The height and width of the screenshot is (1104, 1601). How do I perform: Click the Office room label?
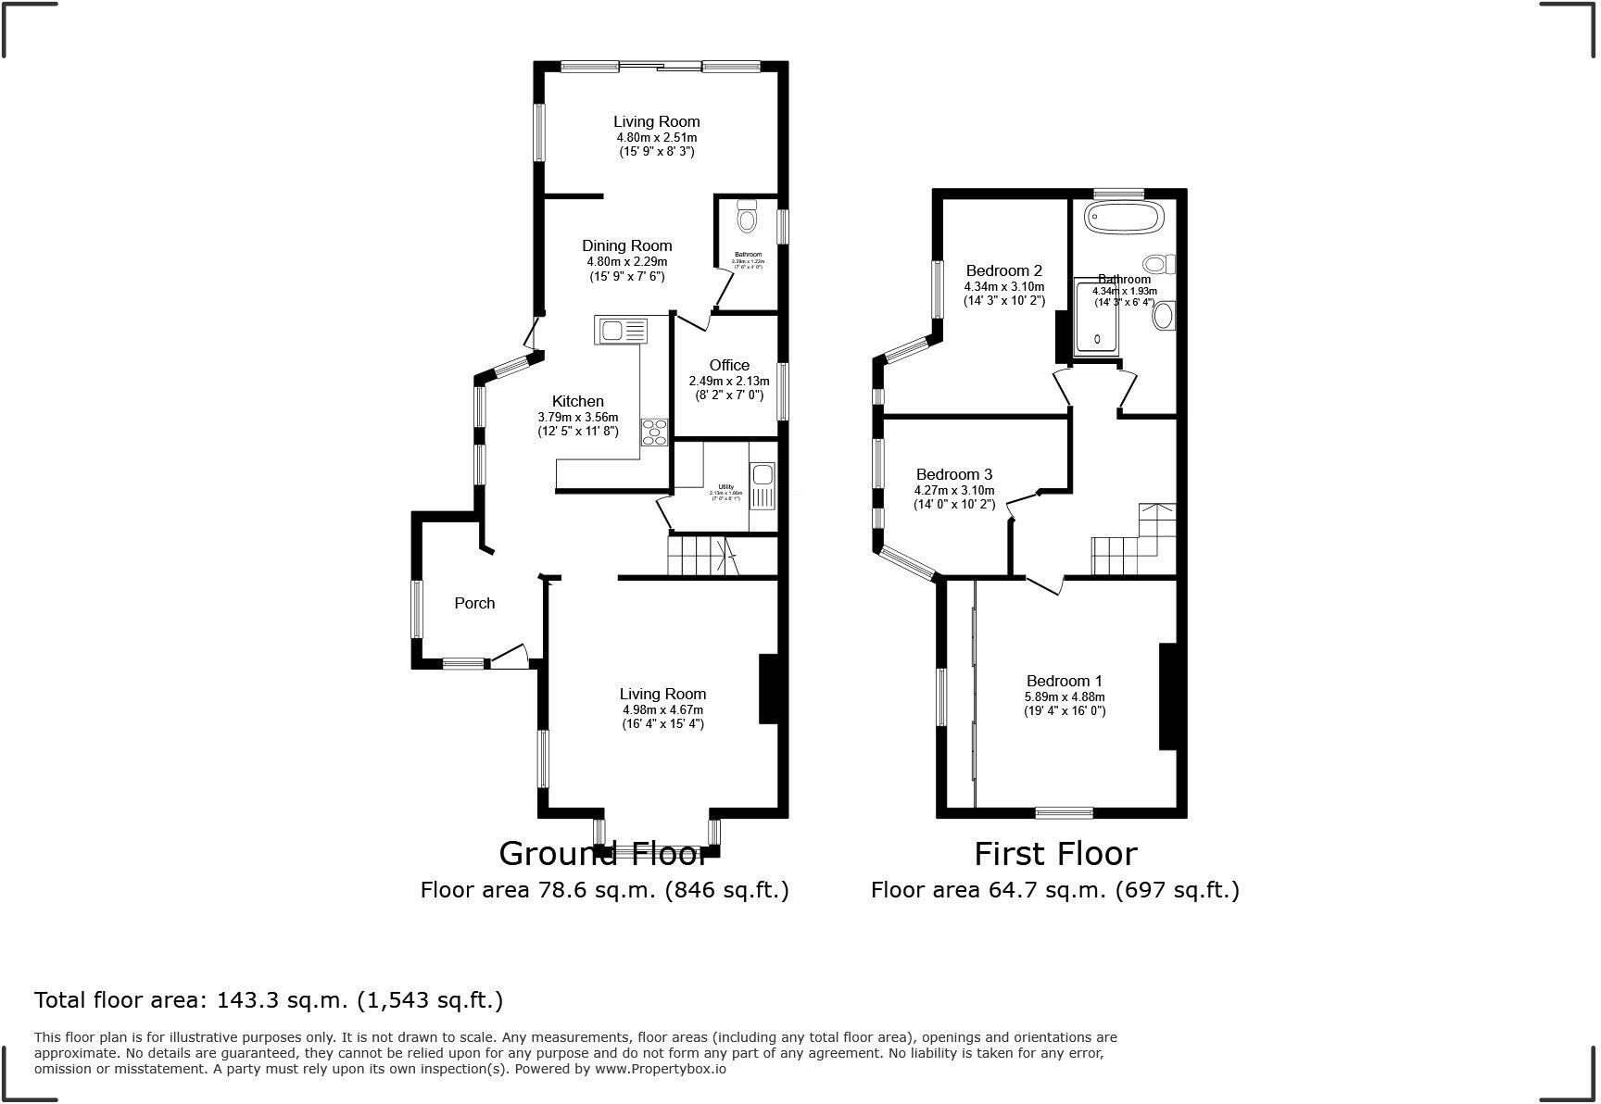pos(729,365)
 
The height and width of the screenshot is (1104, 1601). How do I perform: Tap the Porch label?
pos(474,603)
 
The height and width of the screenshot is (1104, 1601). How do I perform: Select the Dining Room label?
pos(626,245)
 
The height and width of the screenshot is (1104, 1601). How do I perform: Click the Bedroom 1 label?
pos(1064,681)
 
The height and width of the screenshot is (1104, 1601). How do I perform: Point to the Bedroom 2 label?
pos(1003,270)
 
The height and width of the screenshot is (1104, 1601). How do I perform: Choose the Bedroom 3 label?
pos(953,474)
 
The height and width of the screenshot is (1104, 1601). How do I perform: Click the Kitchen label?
pos(577,401)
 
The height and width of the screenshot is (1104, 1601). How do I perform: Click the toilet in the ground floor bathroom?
pos(747,219)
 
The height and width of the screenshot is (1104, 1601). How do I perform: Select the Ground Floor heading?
pos(603,852)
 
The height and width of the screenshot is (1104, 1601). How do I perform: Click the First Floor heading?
pos(1055,852)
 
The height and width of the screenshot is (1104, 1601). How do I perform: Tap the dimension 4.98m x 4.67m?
pos(662,710)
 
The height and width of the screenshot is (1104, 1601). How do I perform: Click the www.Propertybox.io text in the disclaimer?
pos(660,1069)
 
